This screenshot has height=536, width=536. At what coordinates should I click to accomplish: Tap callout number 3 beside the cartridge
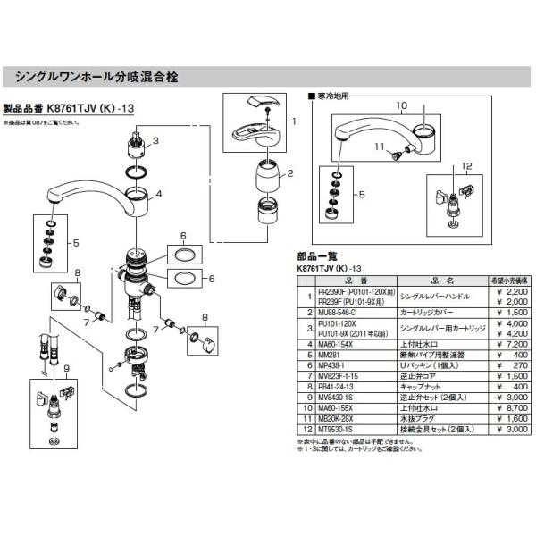coord(155,140)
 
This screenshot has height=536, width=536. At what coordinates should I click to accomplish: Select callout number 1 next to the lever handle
coord(292,119)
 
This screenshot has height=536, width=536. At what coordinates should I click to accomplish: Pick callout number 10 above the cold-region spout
coord(402,105)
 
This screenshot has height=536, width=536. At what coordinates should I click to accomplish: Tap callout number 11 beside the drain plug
coord(378,146)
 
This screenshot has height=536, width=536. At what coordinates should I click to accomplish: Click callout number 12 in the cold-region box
coord(465,166)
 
